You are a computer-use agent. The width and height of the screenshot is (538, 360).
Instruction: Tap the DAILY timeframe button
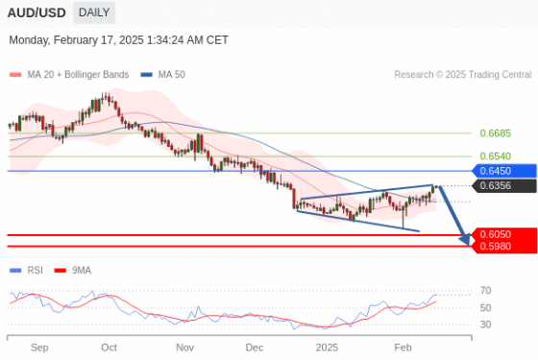point(93,12)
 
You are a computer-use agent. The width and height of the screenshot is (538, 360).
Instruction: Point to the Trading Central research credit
point(462,74)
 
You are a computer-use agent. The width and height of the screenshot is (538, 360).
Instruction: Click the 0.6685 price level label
point(495,133)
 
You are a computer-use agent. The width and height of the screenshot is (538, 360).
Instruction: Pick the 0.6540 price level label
point(495,156)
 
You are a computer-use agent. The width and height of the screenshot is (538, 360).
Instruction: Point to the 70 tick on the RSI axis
point(486,290)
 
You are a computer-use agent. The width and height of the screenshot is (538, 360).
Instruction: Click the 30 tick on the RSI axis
point(486,324)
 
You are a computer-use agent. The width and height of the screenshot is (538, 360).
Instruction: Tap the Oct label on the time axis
point(109,347)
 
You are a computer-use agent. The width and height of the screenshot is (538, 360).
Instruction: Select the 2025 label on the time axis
point(328,347)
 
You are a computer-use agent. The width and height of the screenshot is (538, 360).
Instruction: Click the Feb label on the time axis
point(403,347)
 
